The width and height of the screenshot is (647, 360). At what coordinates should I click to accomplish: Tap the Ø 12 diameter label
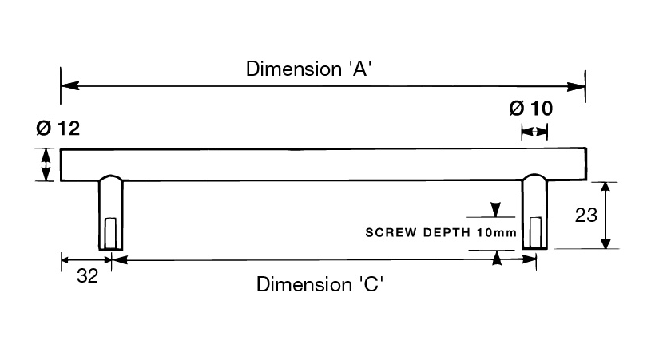click(x=58, y=128)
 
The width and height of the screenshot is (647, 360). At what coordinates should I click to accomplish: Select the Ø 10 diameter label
click(x=530, y=108)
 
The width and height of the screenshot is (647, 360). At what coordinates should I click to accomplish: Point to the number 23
click(x=586, y=216)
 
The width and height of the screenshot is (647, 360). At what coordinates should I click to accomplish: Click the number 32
click(x=87, y=277)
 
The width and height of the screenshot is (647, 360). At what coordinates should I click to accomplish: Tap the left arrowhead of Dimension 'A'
click(x=68, y=85)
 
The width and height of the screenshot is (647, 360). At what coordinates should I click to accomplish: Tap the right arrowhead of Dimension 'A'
click(x=579, y=85)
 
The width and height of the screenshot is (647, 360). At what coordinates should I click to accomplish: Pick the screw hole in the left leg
click(x=110, y=232)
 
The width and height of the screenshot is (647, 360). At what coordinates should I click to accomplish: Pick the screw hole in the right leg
click(x=534, y=232)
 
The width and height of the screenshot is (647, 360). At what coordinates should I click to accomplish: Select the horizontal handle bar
click(x=320, y=164)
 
